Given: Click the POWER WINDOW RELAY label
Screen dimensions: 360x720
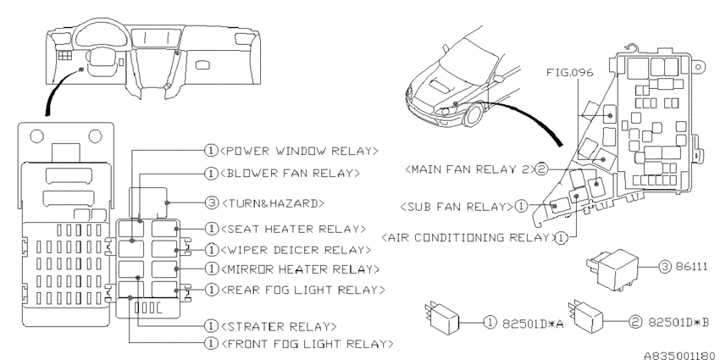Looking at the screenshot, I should click(296, 152).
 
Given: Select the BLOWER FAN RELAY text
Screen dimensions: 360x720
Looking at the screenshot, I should click(289, 174).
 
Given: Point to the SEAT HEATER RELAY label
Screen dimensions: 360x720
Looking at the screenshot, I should click(291, 229).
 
